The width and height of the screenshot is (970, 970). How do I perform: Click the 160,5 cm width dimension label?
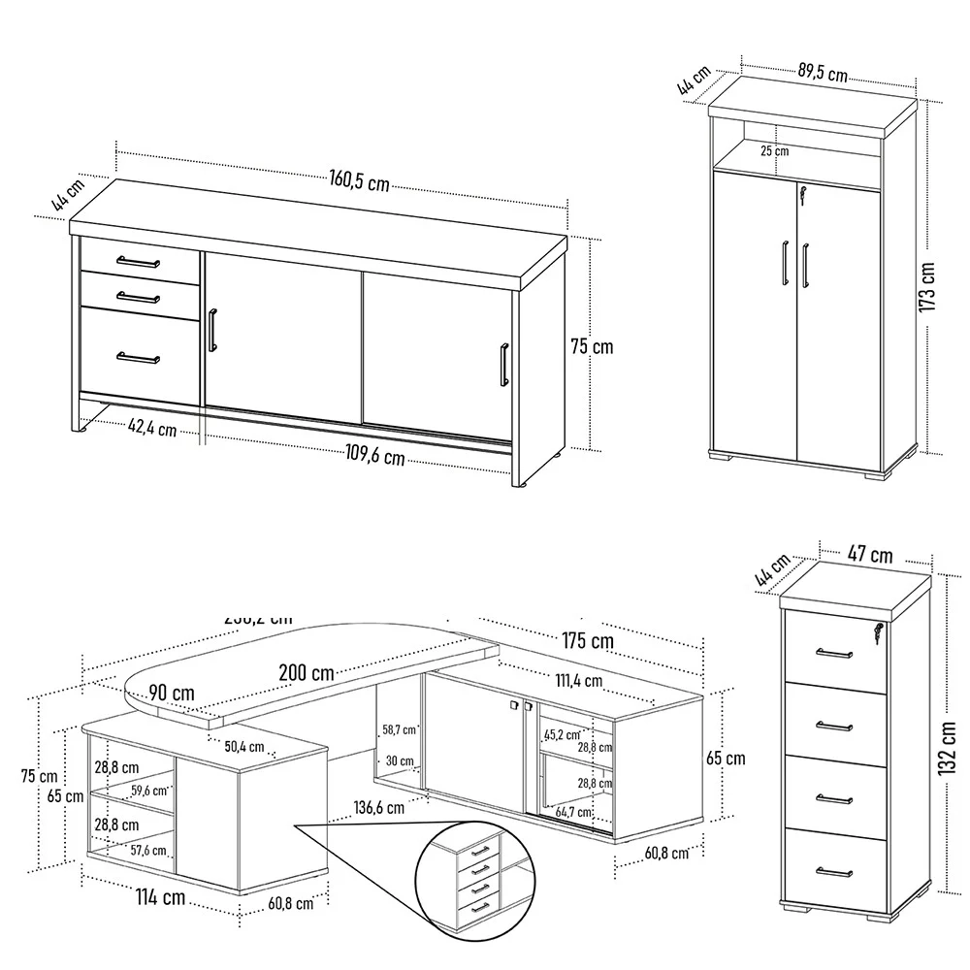click(x=359, y=180)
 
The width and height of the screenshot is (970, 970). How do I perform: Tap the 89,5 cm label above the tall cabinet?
click(x=823, y=72)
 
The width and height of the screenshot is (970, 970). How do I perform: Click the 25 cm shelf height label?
click(x=774, y=151)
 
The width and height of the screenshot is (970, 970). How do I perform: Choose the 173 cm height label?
click(x=927, y=287)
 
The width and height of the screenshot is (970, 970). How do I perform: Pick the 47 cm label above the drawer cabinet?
click(x=870, y=555)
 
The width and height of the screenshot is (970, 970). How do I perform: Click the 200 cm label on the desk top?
click(x=307, y=672)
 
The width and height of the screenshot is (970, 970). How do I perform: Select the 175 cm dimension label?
click(x=588, y=640)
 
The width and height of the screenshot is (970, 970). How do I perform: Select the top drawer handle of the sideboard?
click(x=139, y=261)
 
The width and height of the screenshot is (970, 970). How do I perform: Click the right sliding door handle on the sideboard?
click(x=503, y=365)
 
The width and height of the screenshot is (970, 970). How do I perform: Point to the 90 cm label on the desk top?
click(x=172, y=694)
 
